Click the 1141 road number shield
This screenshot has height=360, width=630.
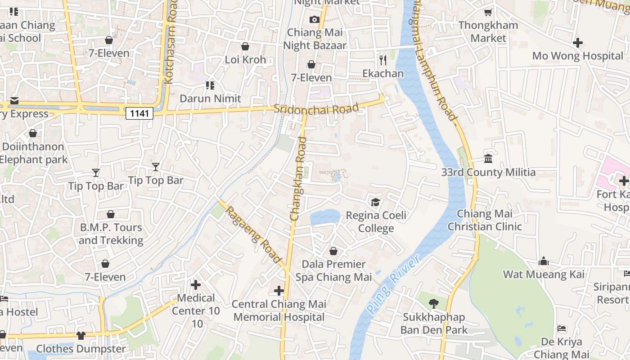(139, 113)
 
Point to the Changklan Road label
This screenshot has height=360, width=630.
(298, 179)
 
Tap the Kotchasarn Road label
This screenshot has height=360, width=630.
(170, 43)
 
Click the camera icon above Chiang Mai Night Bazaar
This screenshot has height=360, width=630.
(314, 19)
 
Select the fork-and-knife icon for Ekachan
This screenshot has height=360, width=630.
(383, 60)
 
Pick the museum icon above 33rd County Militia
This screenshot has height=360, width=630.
(488, 158)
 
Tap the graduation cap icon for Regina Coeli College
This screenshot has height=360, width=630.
(375, 202)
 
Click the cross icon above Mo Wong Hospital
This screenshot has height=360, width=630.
(578, 43)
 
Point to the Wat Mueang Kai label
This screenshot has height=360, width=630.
(544, 274)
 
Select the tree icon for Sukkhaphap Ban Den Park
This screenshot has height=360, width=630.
(434, 304)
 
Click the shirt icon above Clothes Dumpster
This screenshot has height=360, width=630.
(81, 335)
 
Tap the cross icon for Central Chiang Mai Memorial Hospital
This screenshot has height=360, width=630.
(279, 291)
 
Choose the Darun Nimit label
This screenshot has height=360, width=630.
(210, 98)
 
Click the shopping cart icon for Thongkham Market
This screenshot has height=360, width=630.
(488, 12)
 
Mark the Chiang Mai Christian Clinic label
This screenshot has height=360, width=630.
(484, 220)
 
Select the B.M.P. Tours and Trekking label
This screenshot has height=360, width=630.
(111, 234)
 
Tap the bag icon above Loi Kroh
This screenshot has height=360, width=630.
(245, 46)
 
